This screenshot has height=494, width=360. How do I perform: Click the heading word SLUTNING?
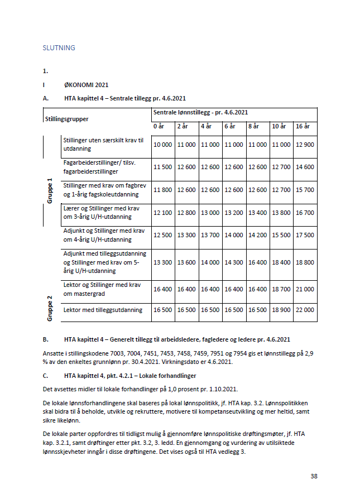click(59, 48)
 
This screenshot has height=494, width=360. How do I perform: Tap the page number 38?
click(314, 476)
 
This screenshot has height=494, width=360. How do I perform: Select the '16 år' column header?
click(303, 127)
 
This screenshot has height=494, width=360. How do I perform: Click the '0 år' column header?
click(160, 127)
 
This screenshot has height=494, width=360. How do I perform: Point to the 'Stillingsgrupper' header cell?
click(68, 119)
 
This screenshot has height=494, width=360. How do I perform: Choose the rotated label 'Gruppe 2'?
click(50, 309)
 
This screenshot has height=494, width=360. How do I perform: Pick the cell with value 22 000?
click(305, 310)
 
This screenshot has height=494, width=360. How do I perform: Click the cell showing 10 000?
click(163, 145)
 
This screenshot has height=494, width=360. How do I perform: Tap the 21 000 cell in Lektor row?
click(305, 289)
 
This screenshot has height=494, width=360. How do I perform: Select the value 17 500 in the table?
click(305, 235)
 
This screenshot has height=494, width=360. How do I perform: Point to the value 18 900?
click(281, 310)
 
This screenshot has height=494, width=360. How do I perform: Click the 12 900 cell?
click(305, 145)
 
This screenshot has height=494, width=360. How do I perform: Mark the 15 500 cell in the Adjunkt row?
click(281, 235)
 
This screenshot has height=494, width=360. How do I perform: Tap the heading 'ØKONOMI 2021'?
click(86, 85)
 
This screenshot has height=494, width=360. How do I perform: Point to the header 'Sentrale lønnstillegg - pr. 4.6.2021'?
click(201, 112)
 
